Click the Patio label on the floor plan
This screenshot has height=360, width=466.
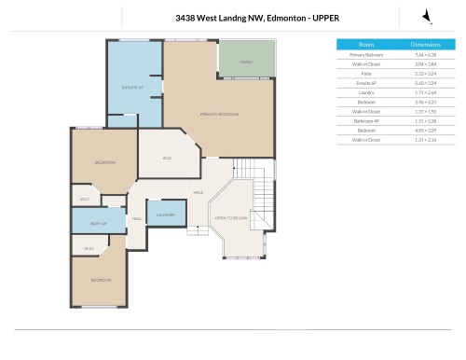(247, 62)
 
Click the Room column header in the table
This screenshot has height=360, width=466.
(366, 44)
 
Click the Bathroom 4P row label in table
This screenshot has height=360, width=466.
(366, 120)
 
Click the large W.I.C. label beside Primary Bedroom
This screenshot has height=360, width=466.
(168, 158)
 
